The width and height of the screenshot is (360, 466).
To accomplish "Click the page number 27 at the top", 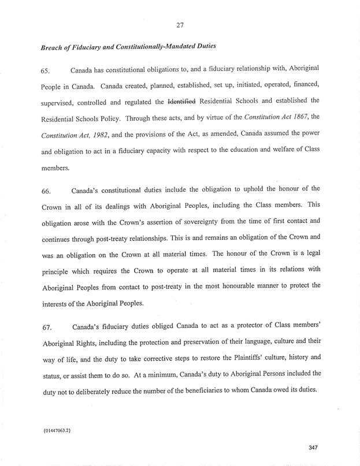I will pos(180,25).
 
